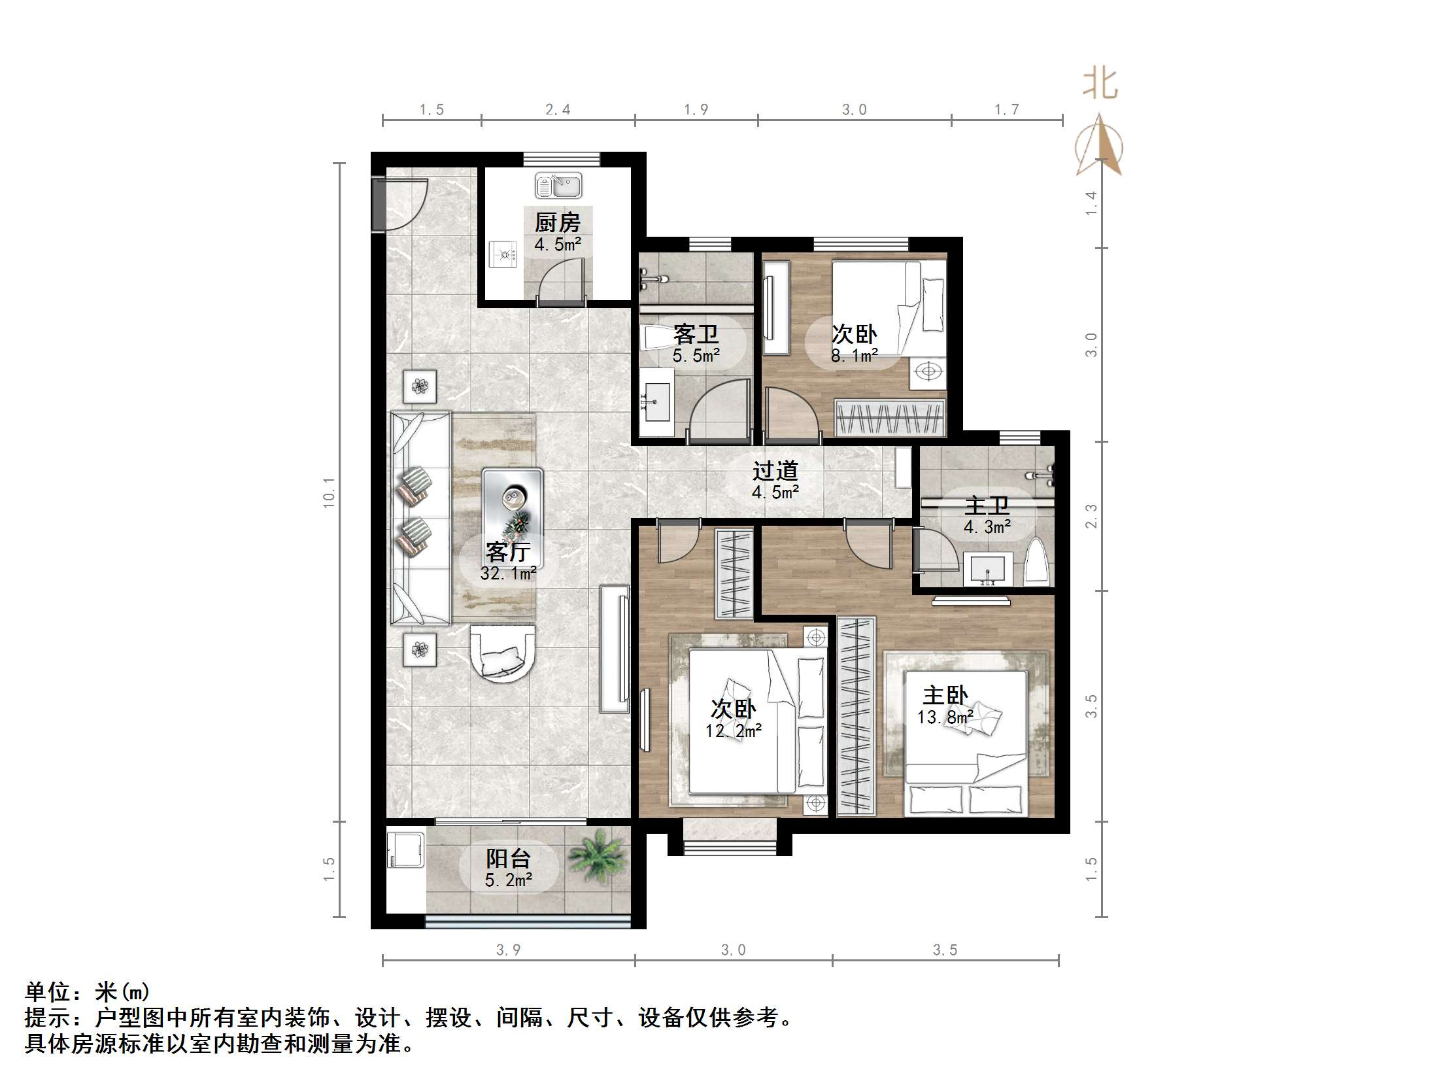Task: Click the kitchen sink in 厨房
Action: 558,186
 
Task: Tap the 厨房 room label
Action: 557,223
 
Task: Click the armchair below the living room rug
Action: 502,653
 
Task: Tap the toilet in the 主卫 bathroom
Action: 1037,562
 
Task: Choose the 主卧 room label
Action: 945,695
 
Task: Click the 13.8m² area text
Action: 945,717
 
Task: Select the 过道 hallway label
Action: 775,471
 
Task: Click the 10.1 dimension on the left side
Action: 329,492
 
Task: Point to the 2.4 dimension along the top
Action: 558,110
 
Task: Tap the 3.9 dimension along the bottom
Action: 508,950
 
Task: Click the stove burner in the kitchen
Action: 505,254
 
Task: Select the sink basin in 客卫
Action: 655,402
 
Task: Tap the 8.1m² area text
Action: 854,356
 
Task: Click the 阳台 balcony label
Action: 508,858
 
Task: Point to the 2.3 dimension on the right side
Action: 1091,516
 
